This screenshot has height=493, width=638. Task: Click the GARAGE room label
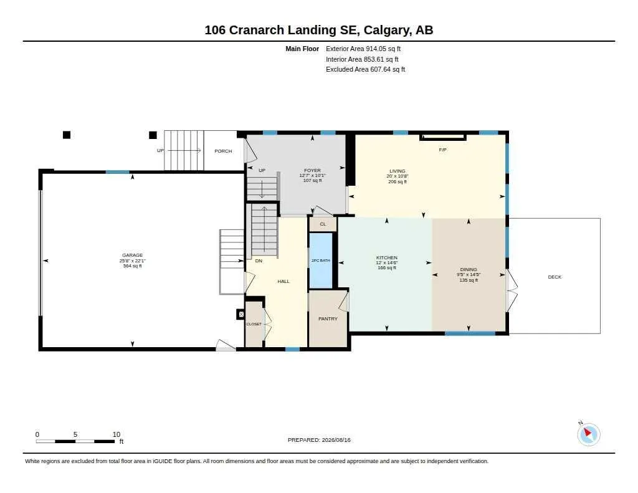[x=132, y=256]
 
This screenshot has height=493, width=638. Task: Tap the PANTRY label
[x=328, y=318]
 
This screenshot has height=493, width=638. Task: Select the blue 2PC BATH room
[x=321, y=261]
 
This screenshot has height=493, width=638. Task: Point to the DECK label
[x=555, y=277]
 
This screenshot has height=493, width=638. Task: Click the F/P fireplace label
[x=443, y=150]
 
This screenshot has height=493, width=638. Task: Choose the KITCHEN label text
[x=386, y=257]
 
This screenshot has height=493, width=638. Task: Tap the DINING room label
[x=469, y=269]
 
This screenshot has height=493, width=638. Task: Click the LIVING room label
[x=398, y=171]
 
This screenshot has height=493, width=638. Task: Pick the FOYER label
[x=313, y=170]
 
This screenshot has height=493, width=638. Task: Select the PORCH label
[x=223, y=151]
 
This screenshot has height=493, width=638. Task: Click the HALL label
[x=283, y=281]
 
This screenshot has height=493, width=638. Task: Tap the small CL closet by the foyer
[x=323, y=224]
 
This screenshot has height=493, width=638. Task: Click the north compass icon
[x=588, y=434]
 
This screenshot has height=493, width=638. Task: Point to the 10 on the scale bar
[x=117, y=434]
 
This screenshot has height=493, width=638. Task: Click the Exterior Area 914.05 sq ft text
[x=363, y=49]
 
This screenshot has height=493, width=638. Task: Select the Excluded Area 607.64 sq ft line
[x=365, y=69]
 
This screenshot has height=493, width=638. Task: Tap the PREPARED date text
[x=319, y=440]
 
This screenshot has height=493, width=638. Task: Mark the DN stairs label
[x=259, y=261]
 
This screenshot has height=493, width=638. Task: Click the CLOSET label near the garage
[x=254, y=324]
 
